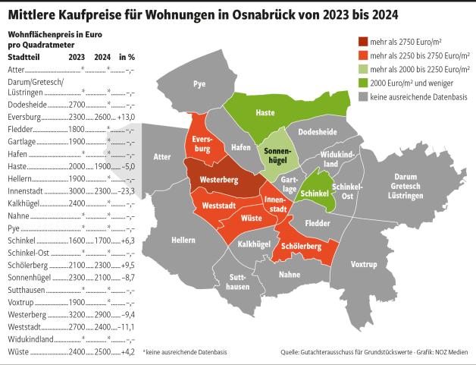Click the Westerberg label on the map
click(220, 180)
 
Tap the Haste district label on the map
click(265, 112)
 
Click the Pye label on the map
click(199, 83)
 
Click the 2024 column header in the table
click(103, 57)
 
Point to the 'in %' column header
click(127, 57)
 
